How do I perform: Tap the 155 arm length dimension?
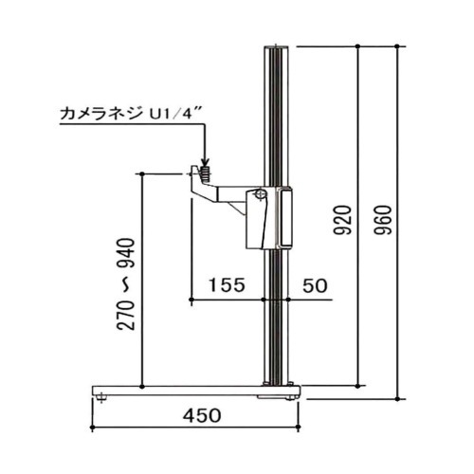[228, 283]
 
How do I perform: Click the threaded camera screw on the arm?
[203, 172]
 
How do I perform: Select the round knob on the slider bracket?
[257, 195]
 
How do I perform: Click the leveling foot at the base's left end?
[101, 399]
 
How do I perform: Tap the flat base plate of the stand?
[190, 390]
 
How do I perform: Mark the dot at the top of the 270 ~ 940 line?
[141, 173]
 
